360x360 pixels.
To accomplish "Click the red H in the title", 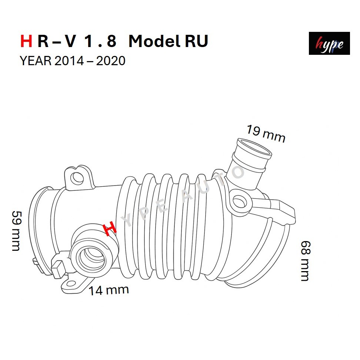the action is (26, 41).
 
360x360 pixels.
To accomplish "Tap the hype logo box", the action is (329, 43).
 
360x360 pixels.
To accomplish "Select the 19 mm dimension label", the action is (266, 133).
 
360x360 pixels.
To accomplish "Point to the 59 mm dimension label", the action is (16, 231).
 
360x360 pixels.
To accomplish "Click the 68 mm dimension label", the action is (306, 261).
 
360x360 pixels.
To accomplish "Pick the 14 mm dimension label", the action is (109, 290).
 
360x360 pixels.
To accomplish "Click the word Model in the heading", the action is (154, 41).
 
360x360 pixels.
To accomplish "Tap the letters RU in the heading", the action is (196, 41).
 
